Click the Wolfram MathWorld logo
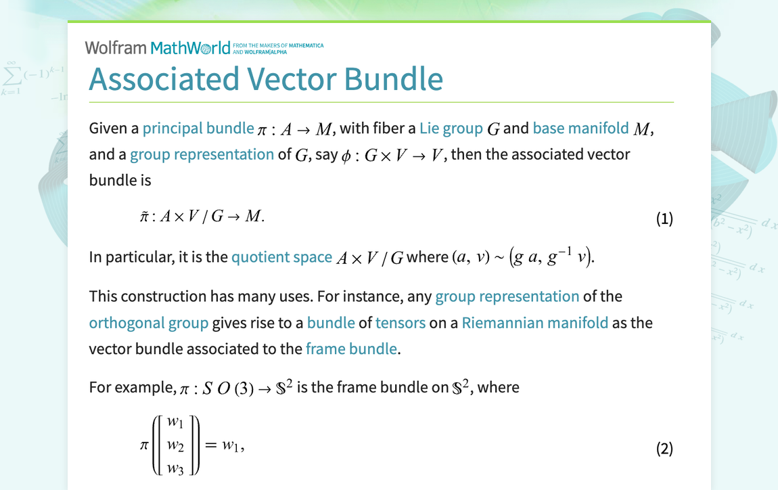[x=158, y=48]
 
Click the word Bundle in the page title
[x=394, y=79]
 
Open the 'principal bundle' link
[x=198, y=129]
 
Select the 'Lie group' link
[x=451, y=129]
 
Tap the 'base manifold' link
[x=580, y=128]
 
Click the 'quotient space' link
[x=281, y=257]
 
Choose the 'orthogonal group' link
[x=148, y=324]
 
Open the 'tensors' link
[x=401, y=323]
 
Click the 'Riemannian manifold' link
[x=535, y=323]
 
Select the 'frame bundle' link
[x=351, y=349]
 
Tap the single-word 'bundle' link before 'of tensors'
[x=331, y=323]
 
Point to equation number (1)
[x=664, y=219]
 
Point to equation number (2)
[x=664, y=448]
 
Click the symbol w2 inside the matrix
[x=176, y=445]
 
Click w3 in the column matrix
[x=176, y=468]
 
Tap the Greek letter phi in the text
[x=346, y=156]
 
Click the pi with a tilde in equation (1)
[x=144, y=217]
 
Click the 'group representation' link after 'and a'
[x=202, y=154]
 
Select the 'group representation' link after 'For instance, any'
[x=507, y=296]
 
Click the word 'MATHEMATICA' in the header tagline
[x=306, y=45]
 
